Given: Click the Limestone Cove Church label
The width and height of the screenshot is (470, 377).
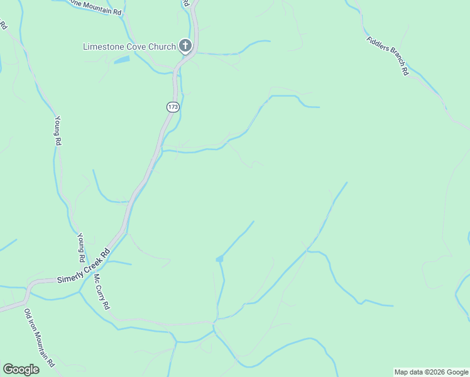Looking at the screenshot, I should tap(129, 46).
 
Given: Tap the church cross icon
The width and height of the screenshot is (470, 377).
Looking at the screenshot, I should tap(185, 46).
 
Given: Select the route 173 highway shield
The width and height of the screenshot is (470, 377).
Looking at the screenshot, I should tap(173, 107).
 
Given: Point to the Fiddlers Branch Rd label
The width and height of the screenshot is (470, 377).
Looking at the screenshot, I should tap(388, 55).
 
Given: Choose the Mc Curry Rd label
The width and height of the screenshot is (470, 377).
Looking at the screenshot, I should tap(102, 291).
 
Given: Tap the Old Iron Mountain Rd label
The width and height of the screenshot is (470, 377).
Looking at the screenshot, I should tap(40, 338).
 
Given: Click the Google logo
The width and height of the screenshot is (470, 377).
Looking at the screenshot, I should tap(21, 369).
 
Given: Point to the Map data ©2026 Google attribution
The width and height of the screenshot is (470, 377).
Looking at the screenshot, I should tap(431, 372).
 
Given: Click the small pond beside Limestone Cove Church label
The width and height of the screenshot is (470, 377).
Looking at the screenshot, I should tap(122, 60).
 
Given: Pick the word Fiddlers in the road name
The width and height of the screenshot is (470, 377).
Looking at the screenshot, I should tap(376, 43).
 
